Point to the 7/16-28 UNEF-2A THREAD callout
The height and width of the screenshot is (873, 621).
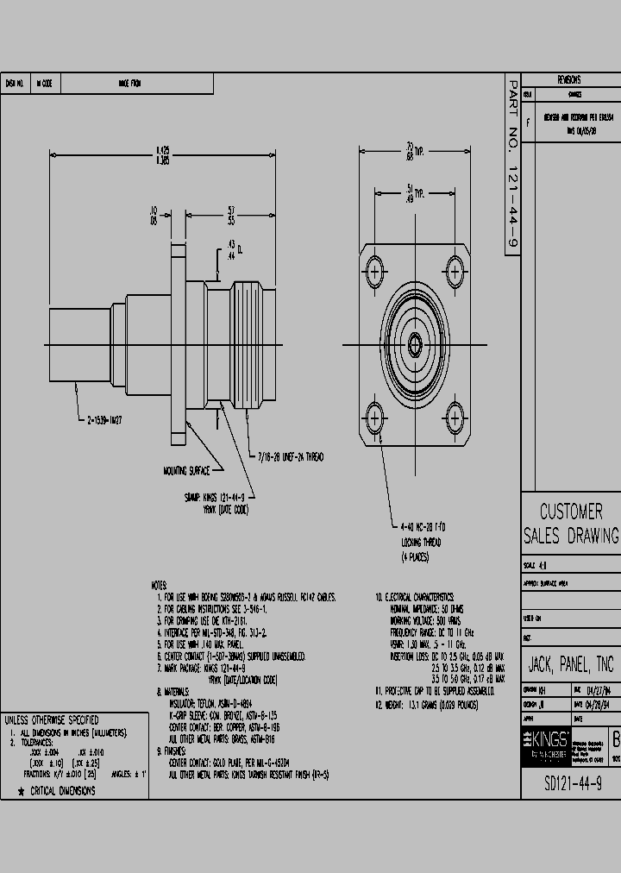point(291,455)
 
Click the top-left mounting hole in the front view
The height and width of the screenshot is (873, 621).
point(376,272)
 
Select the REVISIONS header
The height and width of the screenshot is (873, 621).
point(569,79)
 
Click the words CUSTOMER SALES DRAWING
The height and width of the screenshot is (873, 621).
point(570,524)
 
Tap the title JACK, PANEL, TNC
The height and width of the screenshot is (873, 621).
point(570,664)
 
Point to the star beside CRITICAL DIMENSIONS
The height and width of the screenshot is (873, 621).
point(20,790)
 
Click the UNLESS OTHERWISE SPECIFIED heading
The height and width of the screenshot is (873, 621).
point(53,719)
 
